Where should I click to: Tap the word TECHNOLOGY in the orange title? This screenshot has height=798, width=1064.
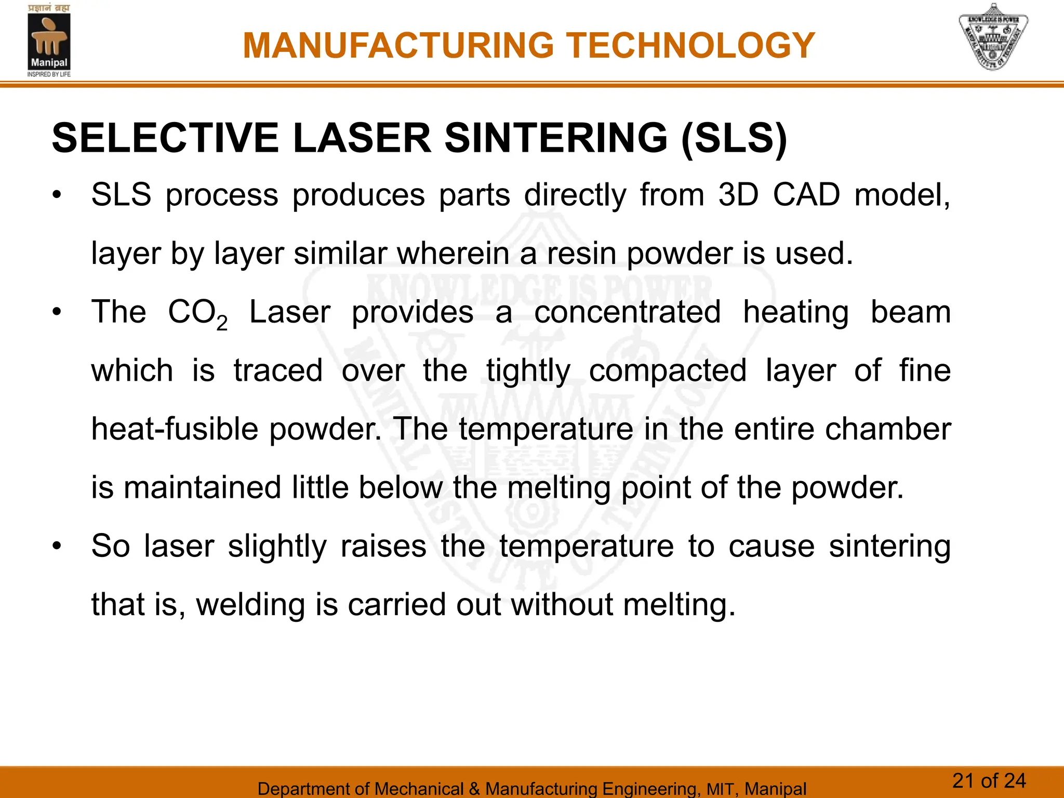pos(690,46)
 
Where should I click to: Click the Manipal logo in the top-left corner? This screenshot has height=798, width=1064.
pos(49,42)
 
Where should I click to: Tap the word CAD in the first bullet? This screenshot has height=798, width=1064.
pos(806,195)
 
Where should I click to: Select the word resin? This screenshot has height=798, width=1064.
pos(580,254)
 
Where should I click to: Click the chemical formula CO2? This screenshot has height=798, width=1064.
pos(197,313)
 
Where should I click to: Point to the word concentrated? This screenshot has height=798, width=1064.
pos(628,312)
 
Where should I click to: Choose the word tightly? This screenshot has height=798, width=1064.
pos(528,372)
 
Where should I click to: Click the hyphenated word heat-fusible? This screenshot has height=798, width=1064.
pos(175,430)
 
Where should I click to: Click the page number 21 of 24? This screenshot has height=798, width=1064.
pos(989,781)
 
